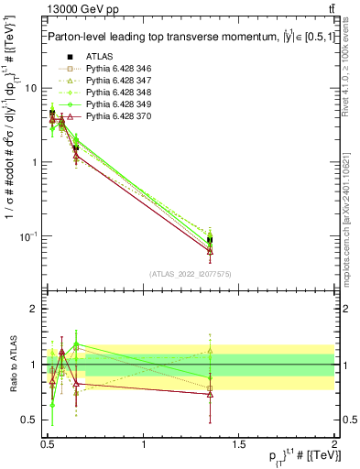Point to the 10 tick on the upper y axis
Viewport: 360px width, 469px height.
pyautogui.click(x=32, y=89)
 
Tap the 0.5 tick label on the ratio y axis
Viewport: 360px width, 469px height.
pyautogui.click(x=29, y=420)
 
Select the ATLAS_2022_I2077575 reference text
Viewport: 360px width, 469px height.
pyautogui.click(x=190, y=274)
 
